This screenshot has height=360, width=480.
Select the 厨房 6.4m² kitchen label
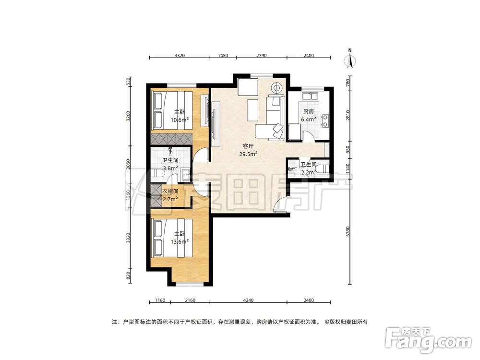pos(309,115)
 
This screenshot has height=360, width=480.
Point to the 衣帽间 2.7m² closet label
pos(170,194)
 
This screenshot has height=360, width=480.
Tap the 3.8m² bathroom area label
pos(170,168)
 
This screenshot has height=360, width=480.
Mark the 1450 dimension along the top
pos(223,56)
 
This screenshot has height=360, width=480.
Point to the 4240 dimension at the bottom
pos(248,300)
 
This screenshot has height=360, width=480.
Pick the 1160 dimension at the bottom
pos(160,300)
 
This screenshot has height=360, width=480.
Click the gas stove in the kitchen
pos(325,120)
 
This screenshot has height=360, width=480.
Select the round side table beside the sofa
pos(276,88)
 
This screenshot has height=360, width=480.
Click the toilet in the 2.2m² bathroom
pos(324,168)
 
